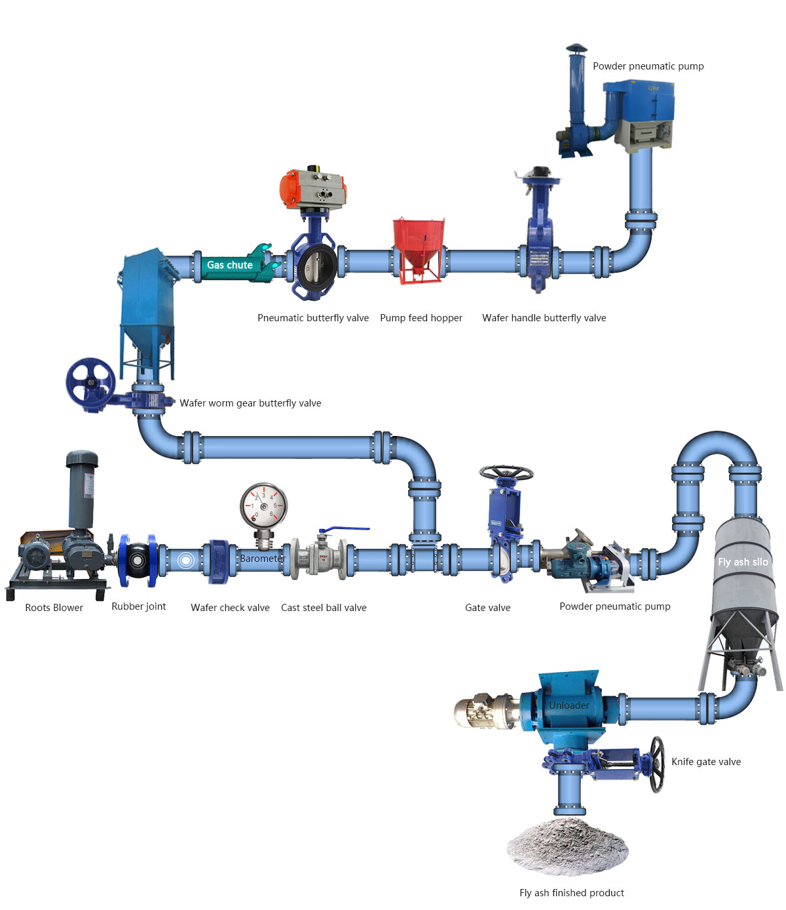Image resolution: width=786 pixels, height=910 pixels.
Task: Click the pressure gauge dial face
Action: (x=263, y=506)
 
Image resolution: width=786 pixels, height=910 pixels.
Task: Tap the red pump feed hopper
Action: (x=418, y=249)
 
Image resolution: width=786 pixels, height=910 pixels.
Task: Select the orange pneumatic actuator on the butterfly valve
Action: (x=312, y=188)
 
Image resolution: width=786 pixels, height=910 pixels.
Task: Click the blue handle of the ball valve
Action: (x=343, y=528)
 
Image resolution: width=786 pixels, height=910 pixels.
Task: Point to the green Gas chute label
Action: (x=230, y=265)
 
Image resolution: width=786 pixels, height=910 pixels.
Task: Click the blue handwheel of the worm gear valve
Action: (x=90, y=383)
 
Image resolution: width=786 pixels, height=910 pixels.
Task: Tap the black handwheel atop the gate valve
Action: (x=506, y=473)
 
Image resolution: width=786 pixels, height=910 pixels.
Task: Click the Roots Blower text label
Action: (x=54, y=608)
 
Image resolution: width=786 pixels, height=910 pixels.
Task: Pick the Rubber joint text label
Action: (x=139, y=606)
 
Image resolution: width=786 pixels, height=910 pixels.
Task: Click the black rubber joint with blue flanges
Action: (x=138, y=560)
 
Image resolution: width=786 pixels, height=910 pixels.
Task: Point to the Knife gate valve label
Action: (x=705, y=762)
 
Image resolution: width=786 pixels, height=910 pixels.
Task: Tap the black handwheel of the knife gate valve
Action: (x=656, y=764)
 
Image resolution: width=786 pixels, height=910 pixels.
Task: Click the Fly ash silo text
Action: (x=743, y=562)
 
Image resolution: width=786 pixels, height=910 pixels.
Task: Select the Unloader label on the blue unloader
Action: (x=569, y=705)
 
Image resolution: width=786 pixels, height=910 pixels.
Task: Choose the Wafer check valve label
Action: (x=230, y=608)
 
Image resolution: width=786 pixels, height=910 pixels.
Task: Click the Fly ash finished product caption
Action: (x=571, y=892)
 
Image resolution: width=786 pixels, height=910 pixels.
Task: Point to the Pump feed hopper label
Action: (x=421, y=318)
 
